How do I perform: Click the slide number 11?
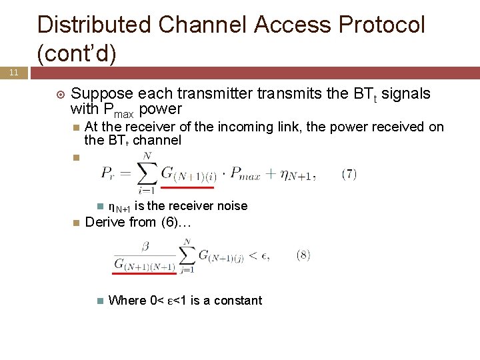pyautogui.click(x=13, y=72)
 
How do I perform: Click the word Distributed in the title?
pyautogui.click(x=95, y=25)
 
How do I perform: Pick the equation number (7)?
pyautogui.click(x=349, y=175)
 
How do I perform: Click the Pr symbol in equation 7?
pyautogui.click(x=109, y=175)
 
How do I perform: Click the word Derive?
pyautogui.click(x=105, y=222)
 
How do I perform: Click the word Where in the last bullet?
pyautogui.click(x=127, y=300)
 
